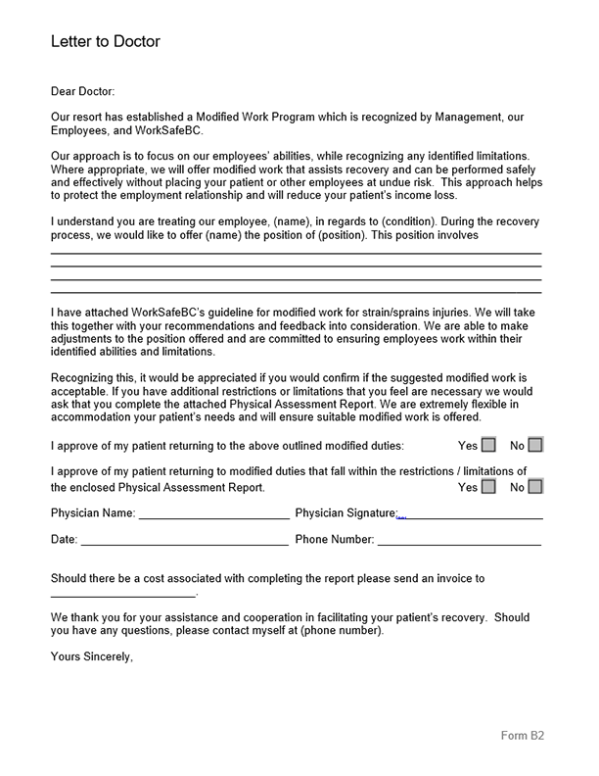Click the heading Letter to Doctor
(x=105, y=42)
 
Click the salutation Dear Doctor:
(x=82, y=91)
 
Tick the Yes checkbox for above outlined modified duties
(x=489, y=445)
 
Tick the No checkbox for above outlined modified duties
(x=535, y=445)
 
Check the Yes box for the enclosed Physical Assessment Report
(x=489, y=486)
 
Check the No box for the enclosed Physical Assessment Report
(x=535, y=486)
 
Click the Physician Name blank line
(x=213, y=514)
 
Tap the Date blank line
(x=185, y=540)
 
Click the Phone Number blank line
(x=459, y=540)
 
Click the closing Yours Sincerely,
(x=91, y=656)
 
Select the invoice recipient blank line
(x=122, y=594)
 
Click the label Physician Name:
(x=93, y=512)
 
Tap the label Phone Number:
(x=334, y=539)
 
